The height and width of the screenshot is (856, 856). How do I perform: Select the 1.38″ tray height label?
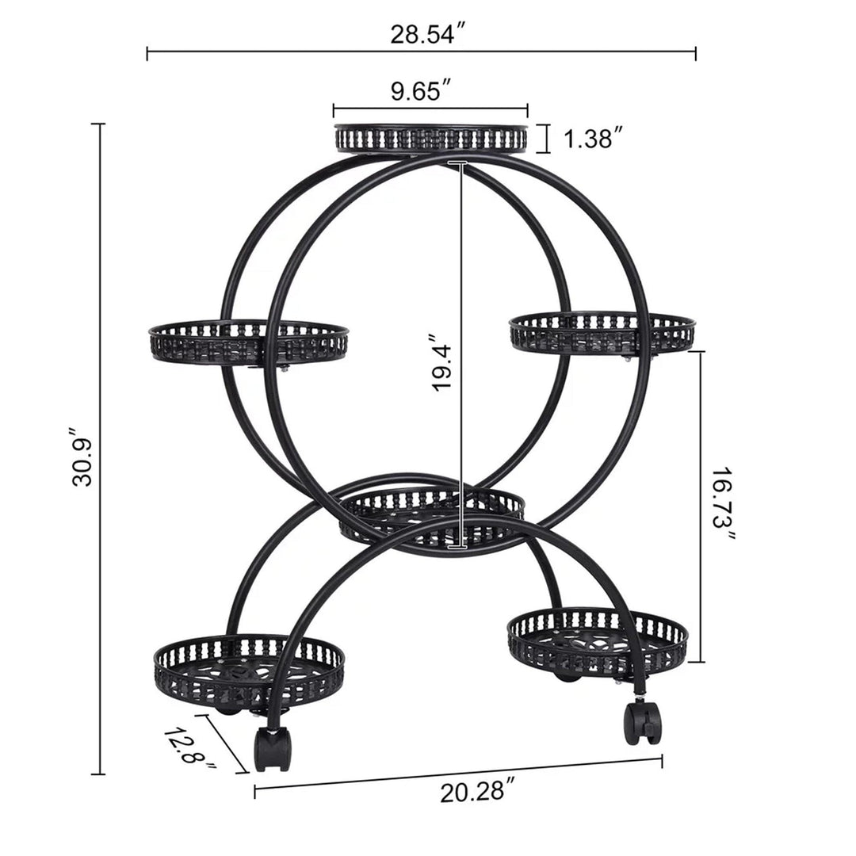click(x=593, y=139)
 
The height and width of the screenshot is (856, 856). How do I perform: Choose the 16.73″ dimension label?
click(x=723, y=505)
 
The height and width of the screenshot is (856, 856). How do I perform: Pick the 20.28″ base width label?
click(x=479, y=791)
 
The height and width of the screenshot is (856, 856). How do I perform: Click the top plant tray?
click(x=430, y=139)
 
